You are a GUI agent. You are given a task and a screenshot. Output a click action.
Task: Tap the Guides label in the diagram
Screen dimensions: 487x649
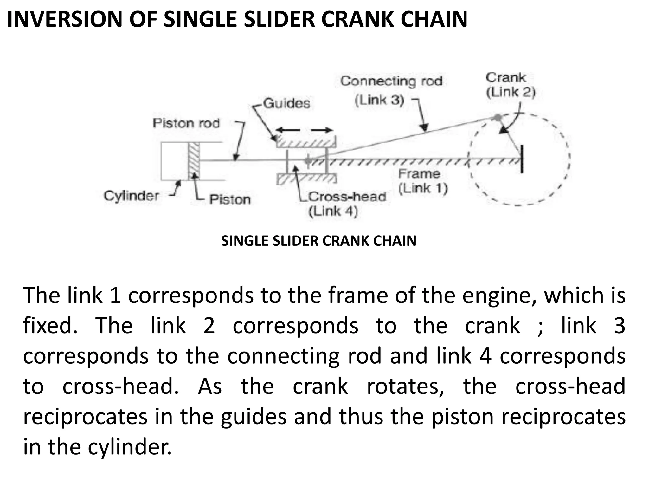pyautogui.click(x=286, y=103)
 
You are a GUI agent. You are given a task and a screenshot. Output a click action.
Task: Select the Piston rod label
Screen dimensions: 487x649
pyautogui.click(x=186, y=123)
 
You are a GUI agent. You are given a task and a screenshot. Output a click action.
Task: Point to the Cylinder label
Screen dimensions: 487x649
pyautogui.click(x=131, y=196)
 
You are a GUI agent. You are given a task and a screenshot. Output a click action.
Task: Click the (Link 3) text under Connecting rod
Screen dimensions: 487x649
pyautogui.click(x=379, y=100)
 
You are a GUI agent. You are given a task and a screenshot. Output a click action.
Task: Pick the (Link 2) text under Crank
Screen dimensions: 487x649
pyautogui.click(x=511, y=92)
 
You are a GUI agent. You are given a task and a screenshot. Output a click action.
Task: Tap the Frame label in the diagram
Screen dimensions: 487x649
pyautogui.click(x=419, y=174)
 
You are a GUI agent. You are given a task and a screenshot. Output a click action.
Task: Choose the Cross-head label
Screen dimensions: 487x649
pyautogui.click(x=347, y=197)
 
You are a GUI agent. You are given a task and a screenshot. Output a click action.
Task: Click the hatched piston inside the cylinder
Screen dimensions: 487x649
pyautogui.click(x=194, y=161)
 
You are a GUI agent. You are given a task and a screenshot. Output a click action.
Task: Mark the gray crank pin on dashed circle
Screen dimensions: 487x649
pyautogui.click(x=498, y=118)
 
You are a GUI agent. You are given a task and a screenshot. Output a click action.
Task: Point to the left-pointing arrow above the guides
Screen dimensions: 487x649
pyautogui.click(x=287, y=130)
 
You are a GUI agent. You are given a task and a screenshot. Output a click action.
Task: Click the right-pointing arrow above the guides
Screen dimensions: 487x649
pyautogui.click(x=322, y=130)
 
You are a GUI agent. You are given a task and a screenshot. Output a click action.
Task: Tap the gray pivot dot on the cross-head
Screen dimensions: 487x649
pyautogui.click(x=308, y=161)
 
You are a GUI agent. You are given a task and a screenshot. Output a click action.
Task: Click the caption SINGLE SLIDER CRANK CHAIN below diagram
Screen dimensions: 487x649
pyautogui.click(x=318, y=241)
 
